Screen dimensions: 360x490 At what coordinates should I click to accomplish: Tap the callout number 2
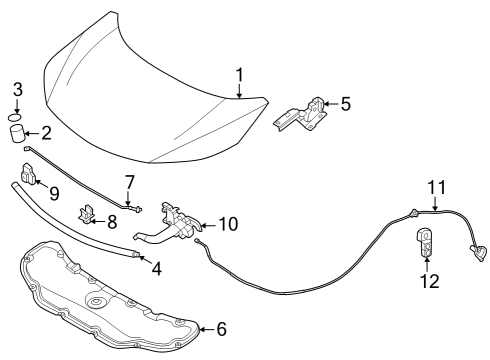(x=45, y=132)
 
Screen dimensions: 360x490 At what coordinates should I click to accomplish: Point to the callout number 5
(x=345, y=102)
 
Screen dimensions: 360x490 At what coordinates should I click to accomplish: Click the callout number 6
(x=222, y=328)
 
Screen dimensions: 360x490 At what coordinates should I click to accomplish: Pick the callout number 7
(x=129, y=182)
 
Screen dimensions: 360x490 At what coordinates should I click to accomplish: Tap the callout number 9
(x=54, y=192)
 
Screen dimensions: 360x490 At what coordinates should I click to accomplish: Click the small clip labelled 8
(x=88, y=214)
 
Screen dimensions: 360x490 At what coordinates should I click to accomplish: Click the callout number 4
(x=155, y=266)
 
